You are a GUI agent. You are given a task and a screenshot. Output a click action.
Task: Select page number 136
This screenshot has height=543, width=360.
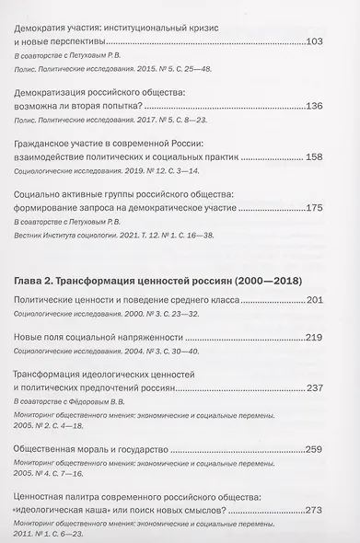(330, 106)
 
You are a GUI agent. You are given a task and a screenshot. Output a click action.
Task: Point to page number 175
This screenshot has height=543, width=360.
(330, 209)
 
